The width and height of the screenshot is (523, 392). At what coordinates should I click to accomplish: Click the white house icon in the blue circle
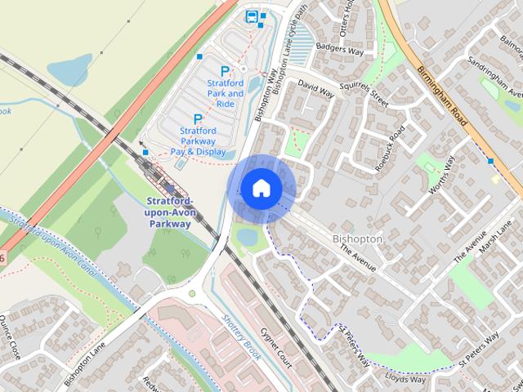click(261, 188)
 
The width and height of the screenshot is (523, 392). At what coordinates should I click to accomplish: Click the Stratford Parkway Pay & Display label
click(198, 140)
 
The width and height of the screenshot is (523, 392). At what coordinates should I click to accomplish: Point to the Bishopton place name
click(357, 238)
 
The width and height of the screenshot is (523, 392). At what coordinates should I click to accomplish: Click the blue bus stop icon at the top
click(252, 16)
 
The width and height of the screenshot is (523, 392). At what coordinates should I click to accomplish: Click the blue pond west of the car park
click(69, 69)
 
